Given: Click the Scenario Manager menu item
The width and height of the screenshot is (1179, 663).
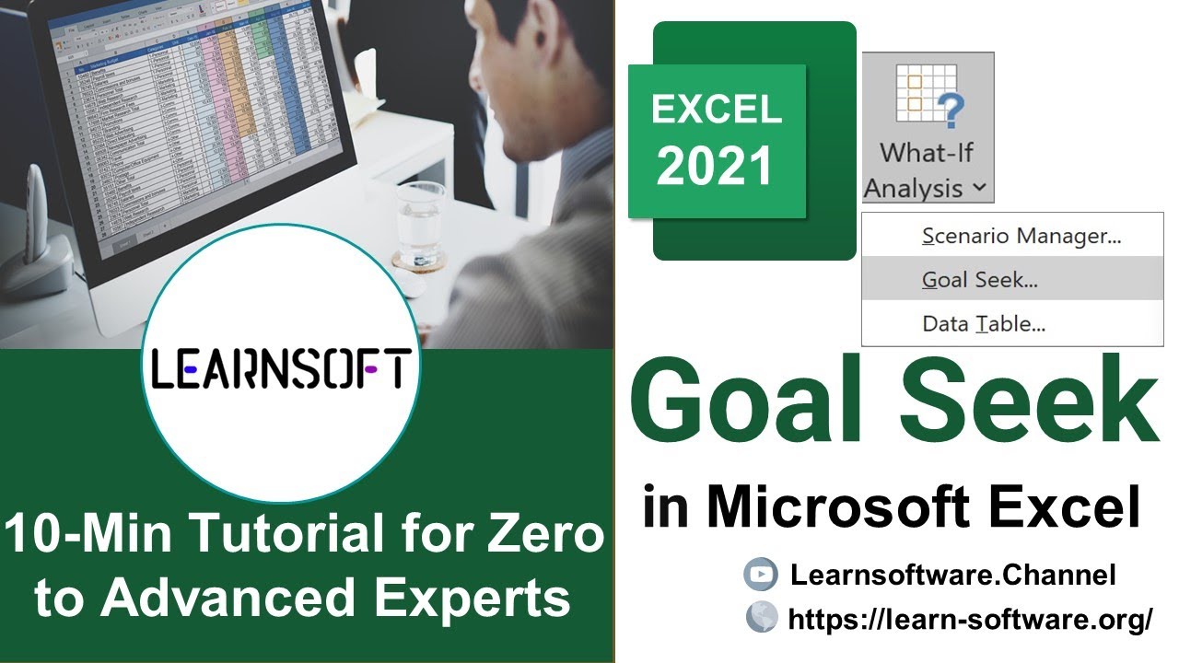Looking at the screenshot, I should click(x=1021, y=236).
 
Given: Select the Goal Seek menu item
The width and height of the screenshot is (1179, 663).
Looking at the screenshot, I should click(x=979, y=280).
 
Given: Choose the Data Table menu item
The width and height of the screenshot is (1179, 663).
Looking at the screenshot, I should click(x=983, y=323).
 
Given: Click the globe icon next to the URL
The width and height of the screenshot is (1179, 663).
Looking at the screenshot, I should click(x=760, y=618).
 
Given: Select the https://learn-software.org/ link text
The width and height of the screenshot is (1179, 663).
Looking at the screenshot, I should click(x=969, y=619).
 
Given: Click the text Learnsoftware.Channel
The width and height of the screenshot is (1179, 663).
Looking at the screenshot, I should click(x=952, y=576).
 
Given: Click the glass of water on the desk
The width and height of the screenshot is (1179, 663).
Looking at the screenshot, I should click(x=420, y=226).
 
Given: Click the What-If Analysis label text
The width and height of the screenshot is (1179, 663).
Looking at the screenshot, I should click(x=927, y=169).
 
